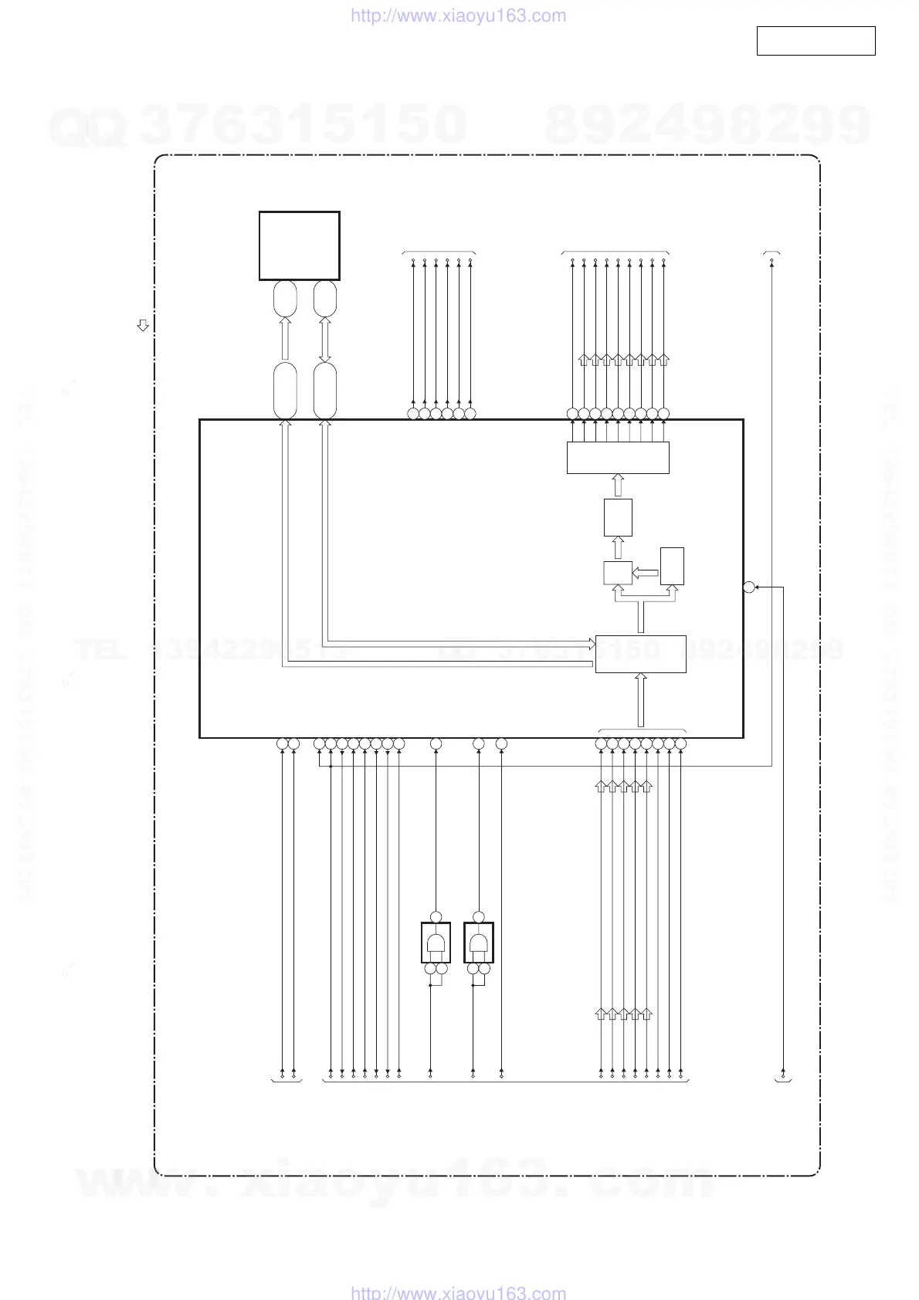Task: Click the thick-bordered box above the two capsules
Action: pos(299,245)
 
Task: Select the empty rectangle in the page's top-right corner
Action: pos(816,41)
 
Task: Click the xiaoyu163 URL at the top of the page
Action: pos(458,16)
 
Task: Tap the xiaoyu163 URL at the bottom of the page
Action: pos(458,1292)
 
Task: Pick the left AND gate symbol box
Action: pos(436,943)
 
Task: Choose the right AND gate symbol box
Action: pos(479,943)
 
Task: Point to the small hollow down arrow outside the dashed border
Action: pos(143,325)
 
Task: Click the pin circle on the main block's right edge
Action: pos(748,587)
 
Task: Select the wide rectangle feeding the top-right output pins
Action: pos(618,458)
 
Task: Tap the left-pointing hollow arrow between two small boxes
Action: pos(646,572)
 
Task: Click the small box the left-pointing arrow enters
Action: pos(618,573)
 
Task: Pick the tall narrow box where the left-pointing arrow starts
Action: pos(672,566)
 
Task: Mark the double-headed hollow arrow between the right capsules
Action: pos(325,340)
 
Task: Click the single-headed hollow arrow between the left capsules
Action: pos(285,340)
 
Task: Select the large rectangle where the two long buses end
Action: pos(640,654)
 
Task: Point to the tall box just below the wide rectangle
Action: pos(618,517)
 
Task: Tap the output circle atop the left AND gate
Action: pos(436,916)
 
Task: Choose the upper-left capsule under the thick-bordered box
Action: pos(285,298)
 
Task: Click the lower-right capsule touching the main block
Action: pos(325,390)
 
